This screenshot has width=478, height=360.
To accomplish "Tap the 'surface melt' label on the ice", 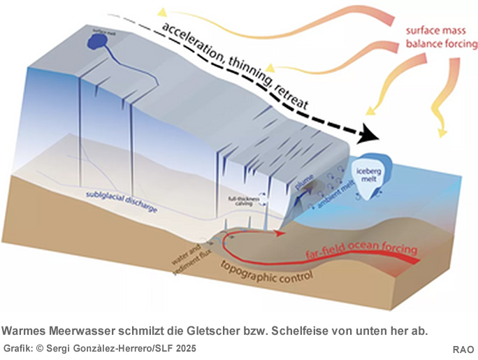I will [102, 30].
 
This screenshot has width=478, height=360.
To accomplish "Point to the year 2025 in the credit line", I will [184, 348].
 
